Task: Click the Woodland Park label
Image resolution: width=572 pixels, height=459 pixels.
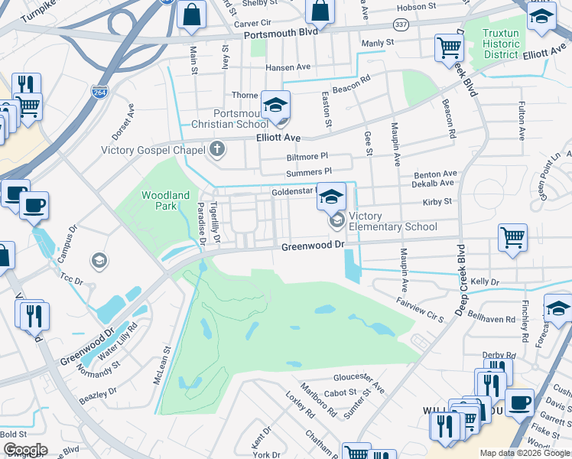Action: pyautogui.click(x=165, y=200)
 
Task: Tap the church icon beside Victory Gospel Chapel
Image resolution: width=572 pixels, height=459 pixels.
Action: pyautogui.click(x=218, y=149)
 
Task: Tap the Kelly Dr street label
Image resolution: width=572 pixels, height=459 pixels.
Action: pyautogui.click(x=485, y=282)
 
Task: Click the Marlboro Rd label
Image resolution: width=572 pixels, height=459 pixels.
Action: pyautogui.click(x=318, y=399)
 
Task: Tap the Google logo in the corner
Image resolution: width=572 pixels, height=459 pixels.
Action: pyautogui.click(x=25, y=450)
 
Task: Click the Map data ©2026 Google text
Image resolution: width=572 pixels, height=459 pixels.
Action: pyautogui.click(x=525, y=453)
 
